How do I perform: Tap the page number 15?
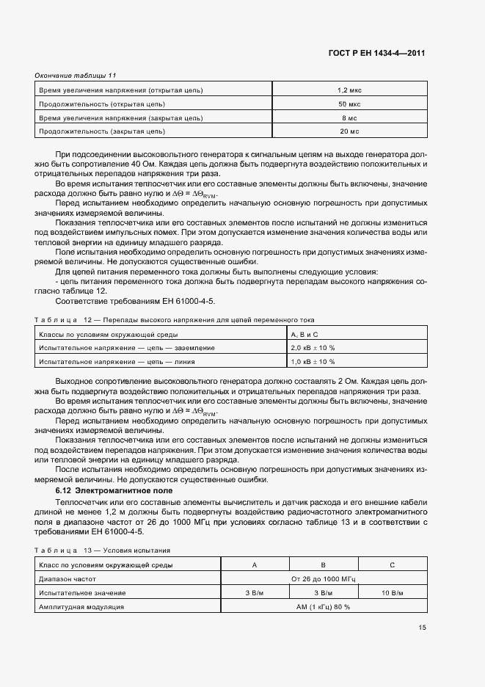point(421,628)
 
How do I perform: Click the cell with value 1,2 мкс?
point(349,90)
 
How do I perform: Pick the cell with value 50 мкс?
point(349,104)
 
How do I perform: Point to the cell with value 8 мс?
point(349,117)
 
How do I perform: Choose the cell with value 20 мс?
point(349,131)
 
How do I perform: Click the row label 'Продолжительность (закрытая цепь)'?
point(102,131)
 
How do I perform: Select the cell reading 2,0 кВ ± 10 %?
point(313,347)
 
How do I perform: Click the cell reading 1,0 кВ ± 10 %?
point(313,361)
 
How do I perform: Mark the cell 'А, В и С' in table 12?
point(306,334)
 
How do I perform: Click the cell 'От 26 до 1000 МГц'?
point(323,579)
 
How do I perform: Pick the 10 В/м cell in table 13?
point(393,592)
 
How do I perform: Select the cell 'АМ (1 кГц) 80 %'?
point(323,607)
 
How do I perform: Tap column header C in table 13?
point(393,565)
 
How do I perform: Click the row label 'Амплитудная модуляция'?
point(81,607)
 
